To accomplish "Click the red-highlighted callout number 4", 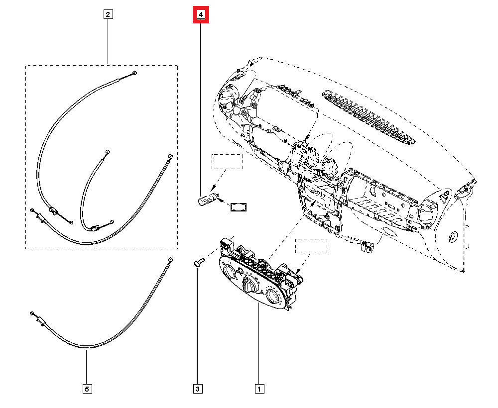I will coord(201,15).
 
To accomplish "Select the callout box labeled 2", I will coord(108,14).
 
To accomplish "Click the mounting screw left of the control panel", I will coord(198,262).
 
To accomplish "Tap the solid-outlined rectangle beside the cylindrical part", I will coord(239,207).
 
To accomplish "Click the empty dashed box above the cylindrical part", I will coord(227,162).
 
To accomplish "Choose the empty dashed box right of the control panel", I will coord(311,246).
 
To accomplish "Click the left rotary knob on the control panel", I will coord(231,272).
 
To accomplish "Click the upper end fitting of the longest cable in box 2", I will coord(135,73).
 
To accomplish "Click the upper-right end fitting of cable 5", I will coord(170,260).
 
